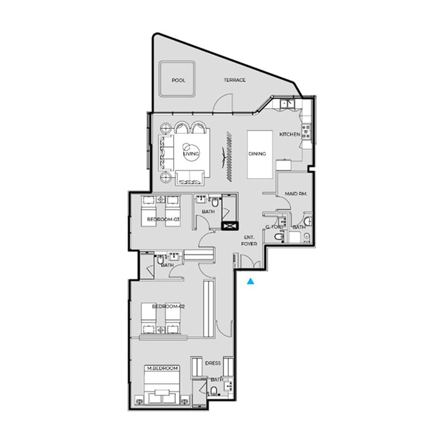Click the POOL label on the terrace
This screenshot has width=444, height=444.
pos(178,80)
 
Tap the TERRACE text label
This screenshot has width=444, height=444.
pos(235,80)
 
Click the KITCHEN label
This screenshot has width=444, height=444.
pos(289,135)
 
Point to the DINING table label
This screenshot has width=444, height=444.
pos(258,154)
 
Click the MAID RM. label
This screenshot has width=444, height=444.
pos(296,194)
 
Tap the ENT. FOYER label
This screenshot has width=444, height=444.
pos(249,240)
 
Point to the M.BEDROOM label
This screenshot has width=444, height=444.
pos(162,368)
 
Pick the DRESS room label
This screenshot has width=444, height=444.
pos(213,363)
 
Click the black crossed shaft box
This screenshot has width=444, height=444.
pos(229,226)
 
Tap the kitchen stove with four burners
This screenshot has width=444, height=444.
pos(305,133)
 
